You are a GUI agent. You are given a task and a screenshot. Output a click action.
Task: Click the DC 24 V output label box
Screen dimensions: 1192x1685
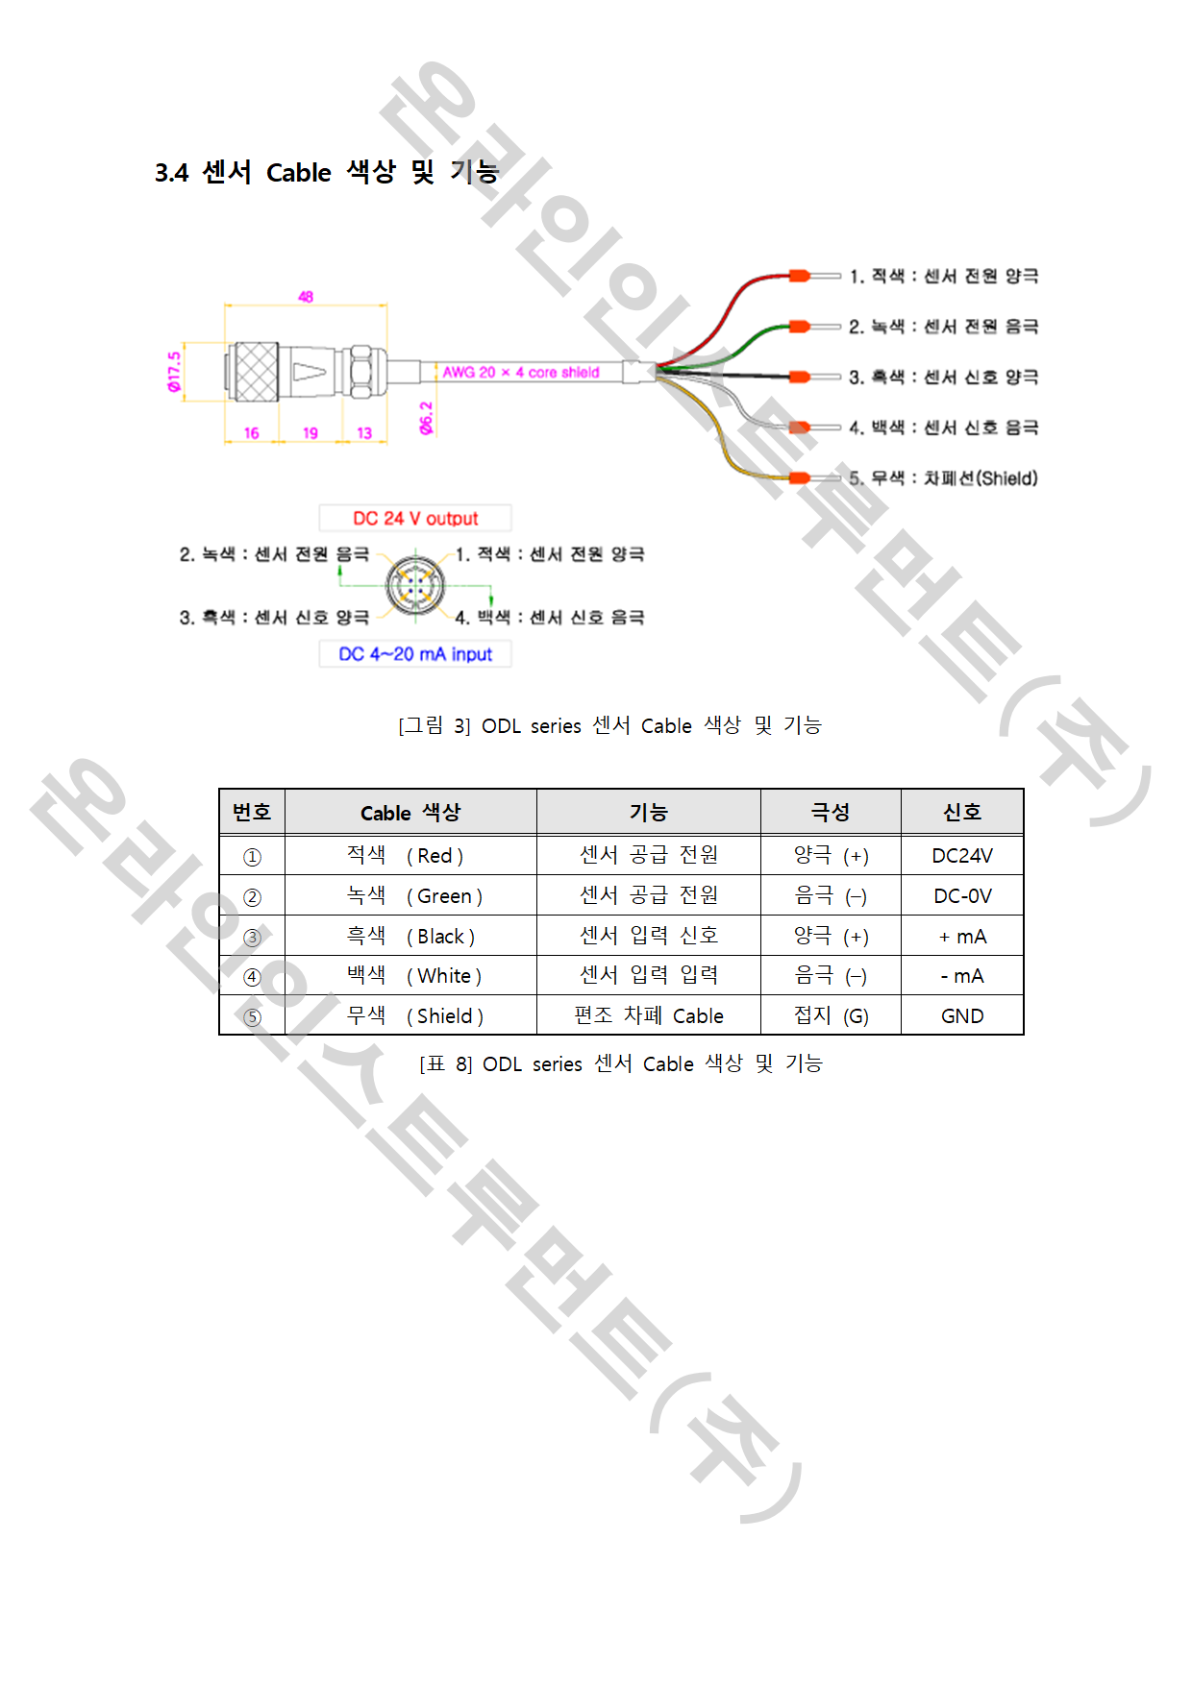pyautogui.click(x=415, y=519)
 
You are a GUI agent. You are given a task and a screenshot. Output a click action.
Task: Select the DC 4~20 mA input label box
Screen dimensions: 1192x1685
pyautogui.click(x=415, y=654)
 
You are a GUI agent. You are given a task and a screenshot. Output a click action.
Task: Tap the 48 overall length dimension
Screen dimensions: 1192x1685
pyautogui.click(x=306, y=297)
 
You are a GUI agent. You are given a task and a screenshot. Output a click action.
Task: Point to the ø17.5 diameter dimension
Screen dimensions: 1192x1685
pyautogui.click(x=174, y=371)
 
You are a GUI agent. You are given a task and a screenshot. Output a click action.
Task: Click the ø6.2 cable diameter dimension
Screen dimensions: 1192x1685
pyautogui.click(x=426, y=418)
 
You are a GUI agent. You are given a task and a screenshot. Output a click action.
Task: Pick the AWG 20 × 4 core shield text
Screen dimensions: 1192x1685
pyautogui.click(x=521, y=372)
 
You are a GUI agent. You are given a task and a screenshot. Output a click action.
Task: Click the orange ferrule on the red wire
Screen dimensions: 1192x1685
pyautogui.click(x=800, y=276)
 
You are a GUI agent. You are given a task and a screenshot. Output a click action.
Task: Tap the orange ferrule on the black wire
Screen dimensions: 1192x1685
pyautogui.click(x=800, y=377)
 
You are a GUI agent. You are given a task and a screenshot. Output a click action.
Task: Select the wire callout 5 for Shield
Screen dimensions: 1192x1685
pyautogui.click(x=943, y=477)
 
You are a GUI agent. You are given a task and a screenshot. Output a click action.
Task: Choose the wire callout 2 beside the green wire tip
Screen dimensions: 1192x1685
pyautogui.click(x=943, y=327)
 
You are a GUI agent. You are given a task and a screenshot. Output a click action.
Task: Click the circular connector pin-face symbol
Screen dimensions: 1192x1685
pyautogui.click(x=415, y=585)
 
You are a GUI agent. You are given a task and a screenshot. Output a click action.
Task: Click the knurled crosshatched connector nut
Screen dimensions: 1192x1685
pyautogui.click(x=256, y=372)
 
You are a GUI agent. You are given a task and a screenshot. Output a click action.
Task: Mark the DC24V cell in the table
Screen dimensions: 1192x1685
pyautogui.click(x=962, y=856)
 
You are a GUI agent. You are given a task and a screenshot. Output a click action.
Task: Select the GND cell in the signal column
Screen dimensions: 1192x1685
pyautogui.click(x=962, y=1016)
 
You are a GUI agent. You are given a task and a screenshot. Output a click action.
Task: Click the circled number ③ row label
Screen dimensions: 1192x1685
pyautogui.click(x=252, y=938)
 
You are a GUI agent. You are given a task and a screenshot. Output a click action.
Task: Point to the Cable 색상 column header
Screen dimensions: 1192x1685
pyautogui.click(x=410, y=813)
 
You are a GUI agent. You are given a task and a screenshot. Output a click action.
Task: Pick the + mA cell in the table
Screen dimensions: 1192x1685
pyautogui.click(x=962, y=937)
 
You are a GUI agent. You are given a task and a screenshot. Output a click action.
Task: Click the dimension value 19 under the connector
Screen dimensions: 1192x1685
pyautogui.click(x=310, y=433)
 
